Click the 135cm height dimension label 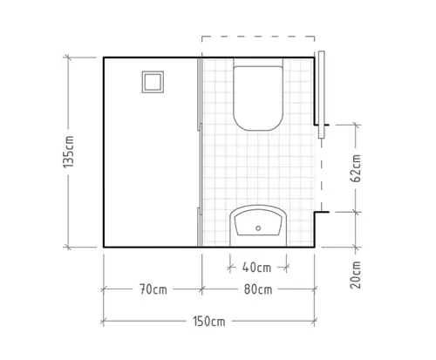click(69, 152)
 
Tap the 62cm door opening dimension click(356, 168)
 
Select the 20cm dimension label click(356, 275)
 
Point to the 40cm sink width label click(256, 268)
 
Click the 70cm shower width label click(153, 289)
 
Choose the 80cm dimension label click(258, 289)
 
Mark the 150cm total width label click(209, 322)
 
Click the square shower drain click(153, 82)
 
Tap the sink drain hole click(258, 228)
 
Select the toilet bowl click(258, 98)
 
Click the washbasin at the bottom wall click(258, 226)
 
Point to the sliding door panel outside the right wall click(321, 94)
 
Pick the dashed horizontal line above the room click(258, 37)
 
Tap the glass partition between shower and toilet click(201, 153)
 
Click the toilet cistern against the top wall click(258, 62)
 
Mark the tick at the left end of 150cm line click(103, 322)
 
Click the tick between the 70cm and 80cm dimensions click(202, 289)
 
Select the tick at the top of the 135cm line click(68, 58)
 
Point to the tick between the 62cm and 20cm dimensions click(356, 212)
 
